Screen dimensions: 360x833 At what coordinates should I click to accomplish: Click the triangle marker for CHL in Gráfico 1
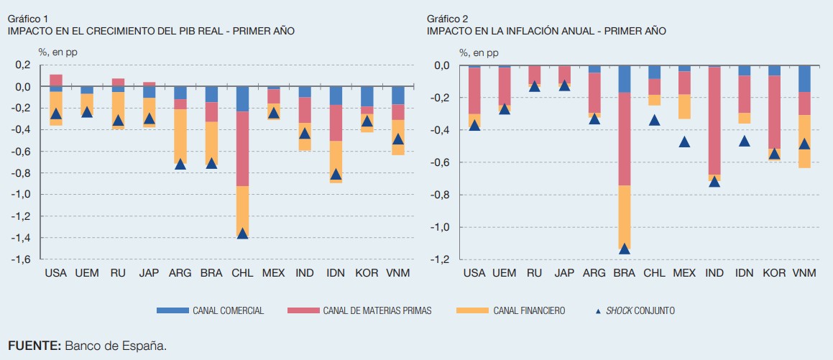tap(242, 234)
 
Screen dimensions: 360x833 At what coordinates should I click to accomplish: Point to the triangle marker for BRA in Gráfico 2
tap(624, 249)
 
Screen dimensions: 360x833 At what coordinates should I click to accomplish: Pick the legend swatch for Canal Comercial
tap(171, 310)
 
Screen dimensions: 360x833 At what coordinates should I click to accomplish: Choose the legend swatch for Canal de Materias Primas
tap(303, 310)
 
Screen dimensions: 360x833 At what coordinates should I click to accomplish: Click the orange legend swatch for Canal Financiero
tap(470, 310)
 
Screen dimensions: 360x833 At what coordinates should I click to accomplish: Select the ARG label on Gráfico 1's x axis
tap(180, 274)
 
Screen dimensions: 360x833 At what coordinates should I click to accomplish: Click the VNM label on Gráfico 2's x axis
tap(805, 274)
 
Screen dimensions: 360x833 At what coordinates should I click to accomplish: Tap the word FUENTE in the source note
tap(34, 346)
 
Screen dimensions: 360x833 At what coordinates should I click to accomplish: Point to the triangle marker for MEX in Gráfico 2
tap(684, 142)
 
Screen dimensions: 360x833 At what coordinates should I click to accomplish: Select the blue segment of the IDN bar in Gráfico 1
tap(336, 96)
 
